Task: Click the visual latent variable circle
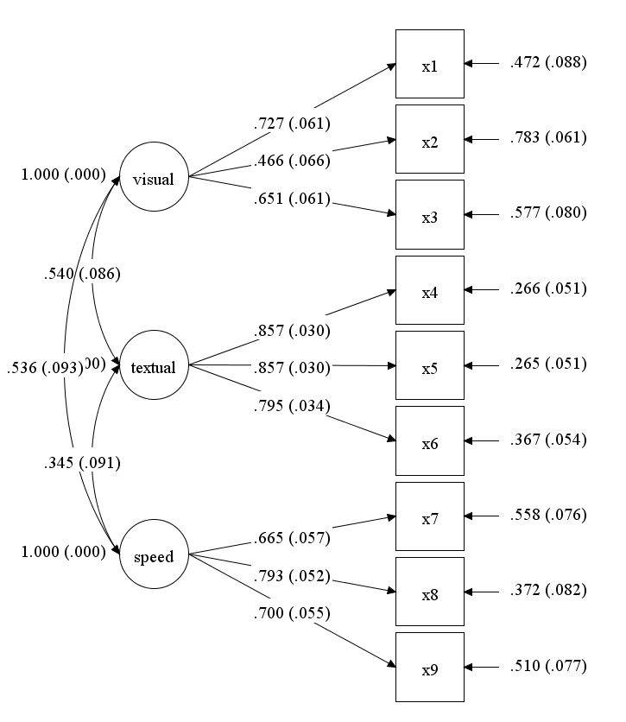153,180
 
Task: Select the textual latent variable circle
153,367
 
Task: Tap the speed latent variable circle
153,556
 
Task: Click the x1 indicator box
430,64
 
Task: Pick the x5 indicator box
430,365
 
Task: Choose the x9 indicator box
430,667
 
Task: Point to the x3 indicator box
430,214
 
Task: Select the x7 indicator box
430,516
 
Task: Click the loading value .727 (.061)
292,123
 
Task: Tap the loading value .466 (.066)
292,161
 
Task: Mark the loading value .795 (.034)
292,405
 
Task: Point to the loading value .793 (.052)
292,575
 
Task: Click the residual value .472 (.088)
547,62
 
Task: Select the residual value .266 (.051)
547,288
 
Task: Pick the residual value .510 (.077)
547,666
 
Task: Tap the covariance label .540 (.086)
81,274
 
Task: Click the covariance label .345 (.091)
81,463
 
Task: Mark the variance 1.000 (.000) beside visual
63,174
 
